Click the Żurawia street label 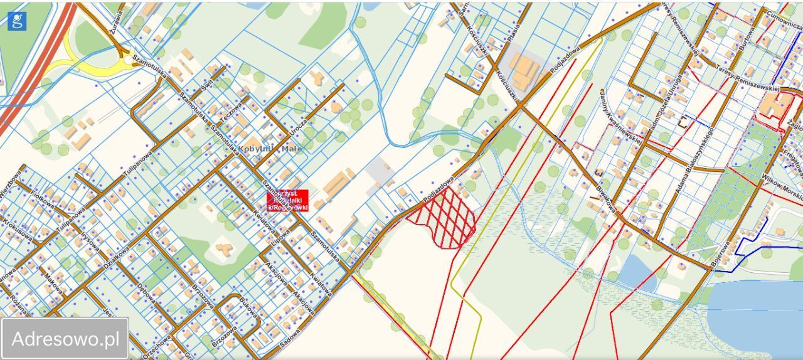(x=115, y=14)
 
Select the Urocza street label (x=299, y=129)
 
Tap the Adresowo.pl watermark (x=65, y=339)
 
